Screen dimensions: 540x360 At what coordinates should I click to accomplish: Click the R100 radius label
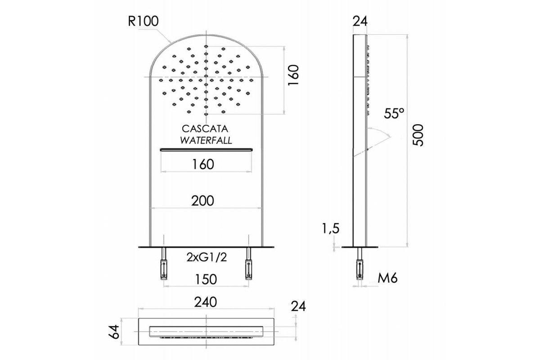point(143,21)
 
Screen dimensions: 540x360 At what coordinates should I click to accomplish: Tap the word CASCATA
point(205,129)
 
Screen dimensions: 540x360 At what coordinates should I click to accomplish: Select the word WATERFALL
point(206,140)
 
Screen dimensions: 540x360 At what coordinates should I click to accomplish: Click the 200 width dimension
point(202,201)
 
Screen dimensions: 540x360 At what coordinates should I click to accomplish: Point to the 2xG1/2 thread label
point(207,257)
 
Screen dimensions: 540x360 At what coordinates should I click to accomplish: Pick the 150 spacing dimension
point(206,279)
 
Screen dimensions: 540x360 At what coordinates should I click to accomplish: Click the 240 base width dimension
point(206,302)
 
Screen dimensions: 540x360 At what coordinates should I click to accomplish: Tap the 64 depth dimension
point(116,332)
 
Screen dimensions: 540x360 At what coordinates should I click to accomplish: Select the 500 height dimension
point(418,135)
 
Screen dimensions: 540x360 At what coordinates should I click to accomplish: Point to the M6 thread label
point(387,278)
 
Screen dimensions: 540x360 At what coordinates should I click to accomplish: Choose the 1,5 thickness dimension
point(330,228)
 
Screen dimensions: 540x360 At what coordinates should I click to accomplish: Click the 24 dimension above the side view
point(360,21)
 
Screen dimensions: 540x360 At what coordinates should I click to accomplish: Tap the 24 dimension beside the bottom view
point(298,306)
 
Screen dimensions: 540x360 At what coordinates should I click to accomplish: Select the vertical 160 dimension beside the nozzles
point(293,75)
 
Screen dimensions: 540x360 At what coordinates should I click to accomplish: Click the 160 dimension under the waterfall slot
point(203,164)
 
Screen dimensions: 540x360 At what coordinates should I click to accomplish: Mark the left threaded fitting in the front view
point(164,264)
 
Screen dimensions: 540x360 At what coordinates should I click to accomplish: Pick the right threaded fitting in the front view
point(248,264)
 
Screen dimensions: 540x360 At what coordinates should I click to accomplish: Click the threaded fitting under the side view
point(360,264)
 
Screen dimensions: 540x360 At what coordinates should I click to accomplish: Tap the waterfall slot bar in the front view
point(207,150)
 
